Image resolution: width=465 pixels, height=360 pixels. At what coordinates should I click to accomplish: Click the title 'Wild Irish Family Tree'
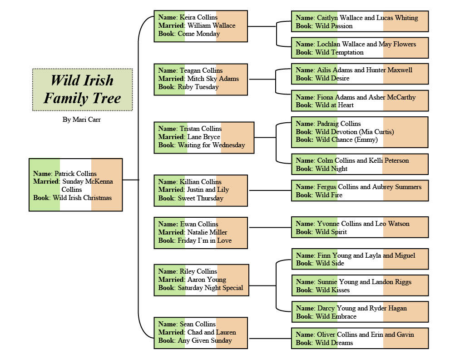point(82,90)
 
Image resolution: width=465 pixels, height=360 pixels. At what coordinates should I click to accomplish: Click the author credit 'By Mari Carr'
point(82,120)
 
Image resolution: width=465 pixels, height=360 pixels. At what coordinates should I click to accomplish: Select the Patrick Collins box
point(75,185)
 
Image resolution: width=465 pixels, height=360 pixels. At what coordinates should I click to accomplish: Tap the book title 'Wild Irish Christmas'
point(82,198)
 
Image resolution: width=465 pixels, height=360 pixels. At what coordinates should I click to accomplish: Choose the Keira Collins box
point(200,26)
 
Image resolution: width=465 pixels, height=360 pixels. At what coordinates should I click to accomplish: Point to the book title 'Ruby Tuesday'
point(198,87)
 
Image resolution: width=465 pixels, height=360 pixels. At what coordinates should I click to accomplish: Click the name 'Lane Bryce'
point(203,137)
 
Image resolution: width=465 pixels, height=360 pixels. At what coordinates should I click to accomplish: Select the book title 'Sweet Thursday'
point(200,198)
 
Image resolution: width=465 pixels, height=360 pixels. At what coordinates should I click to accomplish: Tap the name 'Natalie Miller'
point(207,232)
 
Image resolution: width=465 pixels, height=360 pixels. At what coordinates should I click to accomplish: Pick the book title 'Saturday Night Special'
point(210,288)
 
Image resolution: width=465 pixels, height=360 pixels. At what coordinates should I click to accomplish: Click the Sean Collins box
point(200,333)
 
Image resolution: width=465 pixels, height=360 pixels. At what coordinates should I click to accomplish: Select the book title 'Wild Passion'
point(334,26)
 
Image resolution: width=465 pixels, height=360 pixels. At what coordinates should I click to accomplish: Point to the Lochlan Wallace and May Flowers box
point(360,48)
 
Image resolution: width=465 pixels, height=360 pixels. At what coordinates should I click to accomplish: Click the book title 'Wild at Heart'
point(335,105)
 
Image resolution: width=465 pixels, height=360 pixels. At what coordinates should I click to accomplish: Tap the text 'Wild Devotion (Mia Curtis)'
point(355,132)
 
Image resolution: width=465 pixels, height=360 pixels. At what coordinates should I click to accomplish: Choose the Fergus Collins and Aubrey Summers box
point(360,191)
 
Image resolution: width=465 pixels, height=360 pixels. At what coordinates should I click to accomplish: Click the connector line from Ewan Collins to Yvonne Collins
point(269,227)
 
